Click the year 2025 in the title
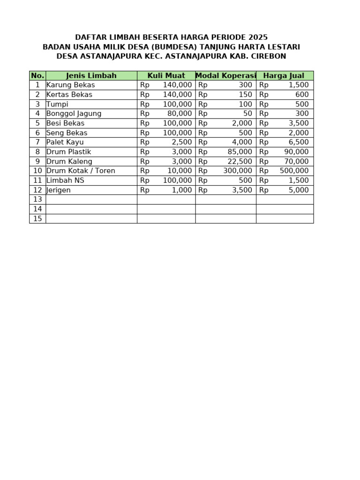pyautogui.click(x=258, y=37)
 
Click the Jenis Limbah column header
pyautogui.click(x=91, y=75)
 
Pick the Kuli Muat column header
pyautogui.click(x=166, y=75)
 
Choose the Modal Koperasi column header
pyautogui.click(x=225, y=75)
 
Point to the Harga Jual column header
pyautogui.click(x=284, y=75)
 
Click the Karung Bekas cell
pyautogui.click(x=70, y=85)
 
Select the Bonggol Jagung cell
pyautogui.click(x=74, y=113)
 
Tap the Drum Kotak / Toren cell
pyautogui.click(x=81, y=171)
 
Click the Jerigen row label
pyautogui.click(x=59, y=190)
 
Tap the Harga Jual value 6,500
pyautogui.click(x=299, y=142)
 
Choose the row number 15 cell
pyautogui.click(x=37, y=218)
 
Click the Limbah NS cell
pyautogui.click(x=65, y=180)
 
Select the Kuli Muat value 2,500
pyautogui.click(x=182, y=142)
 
